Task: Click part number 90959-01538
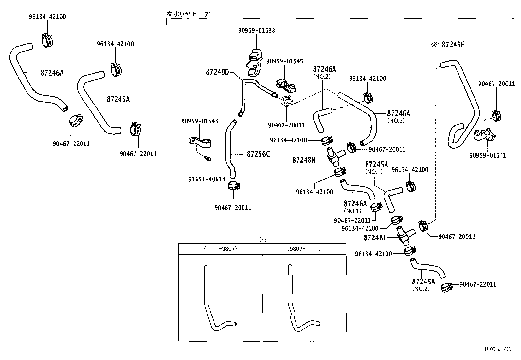point(256,30)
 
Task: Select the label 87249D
point(217,72)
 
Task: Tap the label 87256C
point(258,154)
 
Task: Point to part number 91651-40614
point(207,179)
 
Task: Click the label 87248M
point(303,160)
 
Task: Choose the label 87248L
point(375,237)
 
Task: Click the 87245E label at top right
point(453,45)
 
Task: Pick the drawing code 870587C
point(497,349)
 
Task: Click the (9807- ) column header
point(304,249)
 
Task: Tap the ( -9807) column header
point(220,249)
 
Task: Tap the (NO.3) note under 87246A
point(396,120)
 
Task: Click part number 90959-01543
point(199,121)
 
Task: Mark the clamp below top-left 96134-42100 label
point(47,40)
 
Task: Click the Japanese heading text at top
point(189,14)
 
